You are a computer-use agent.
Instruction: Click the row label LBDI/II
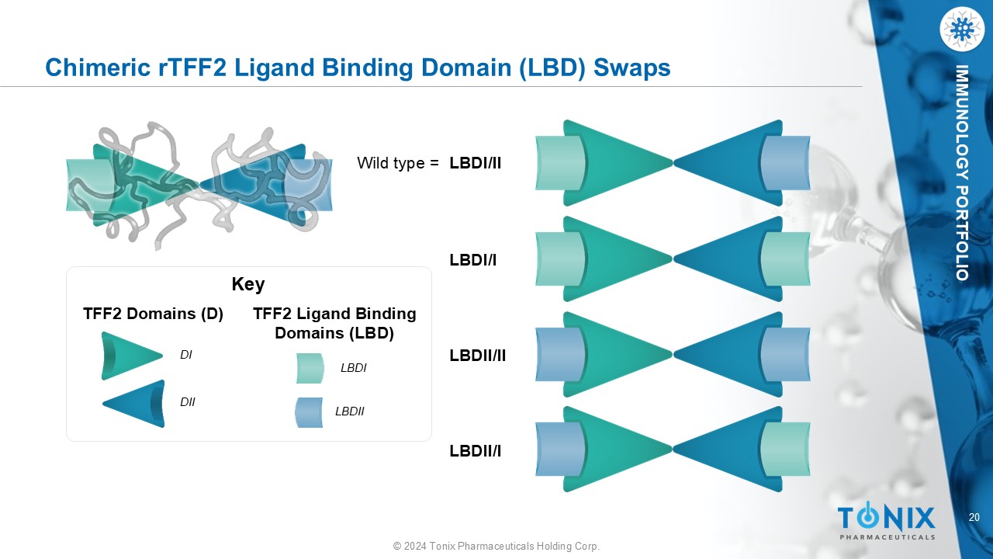pyautogui.click(x=476, y=163)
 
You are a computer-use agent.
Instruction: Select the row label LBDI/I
pyautogui.click(x=473, y=260)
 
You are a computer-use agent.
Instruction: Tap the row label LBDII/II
pyautogui.click(x=478, y=356)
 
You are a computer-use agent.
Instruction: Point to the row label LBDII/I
pyautogui.click(x=476, y=450)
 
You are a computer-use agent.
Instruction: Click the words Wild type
pyautogui.click(x=391, y=163)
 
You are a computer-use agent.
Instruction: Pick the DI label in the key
pyautogui.click(x=186, y=355)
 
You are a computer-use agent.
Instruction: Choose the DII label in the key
pyautogui.click(x=188, y=402)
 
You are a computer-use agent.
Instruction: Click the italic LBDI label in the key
pyautogui.click(x=353, y=368)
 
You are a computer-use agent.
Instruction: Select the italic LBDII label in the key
pyautogui.click(x=350, y=411)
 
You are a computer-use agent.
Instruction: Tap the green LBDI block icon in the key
pyautogui.click(x=310, y=368)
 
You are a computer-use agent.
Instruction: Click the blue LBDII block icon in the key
pyautogui.click(x=309, y=412)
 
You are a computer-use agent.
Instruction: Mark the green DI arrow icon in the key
pyautogui.click(x=130, y=356)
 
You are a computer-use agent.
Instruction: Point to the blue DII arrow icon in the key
pyautogui.click(x=135, y=404)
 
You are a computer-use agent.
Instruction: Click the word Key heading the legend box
pyautogui.click(x=248, y=284)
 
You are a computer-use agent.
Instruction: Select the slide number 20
pyautogui.click(x=974, y=518)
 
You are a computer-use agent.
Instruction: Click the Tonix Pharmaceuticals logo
pyautogui.click(x=887, y=522)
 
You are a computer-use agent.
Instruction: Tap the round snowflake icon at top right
pyautogui.click(x=961, y=30)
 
